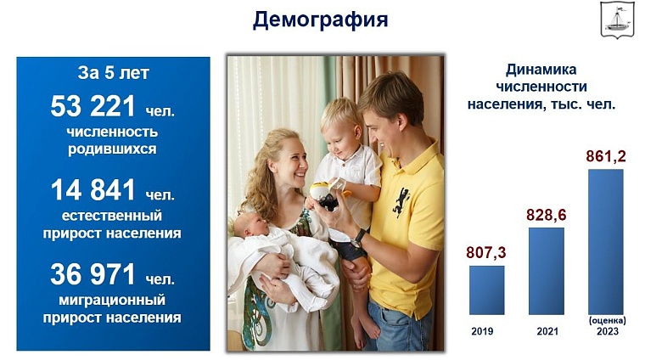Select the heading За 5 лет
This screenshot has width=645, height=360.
112,73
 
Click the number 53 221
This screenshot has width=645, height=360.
93,106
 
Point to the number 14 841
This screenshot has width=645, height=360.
93,189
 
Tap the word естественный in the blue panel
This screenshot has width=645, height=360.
113,216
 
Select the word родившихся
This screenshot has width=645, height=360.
113,149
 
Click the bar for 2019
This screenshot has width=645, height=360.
486,290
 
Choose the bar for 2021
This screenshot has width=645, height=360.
546,270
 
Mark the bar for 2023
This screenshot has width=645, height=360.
605,241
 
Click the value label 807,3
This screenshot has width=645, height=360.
486,252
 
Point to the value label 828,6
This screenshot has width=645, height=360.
546,215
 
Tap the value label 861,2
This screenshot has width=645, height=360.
606,156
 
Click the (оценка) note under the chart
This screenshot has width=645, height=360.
606,320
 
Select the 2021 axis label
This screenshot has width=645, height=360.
546,331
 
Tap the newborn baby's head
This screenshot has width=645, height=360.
249,228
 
